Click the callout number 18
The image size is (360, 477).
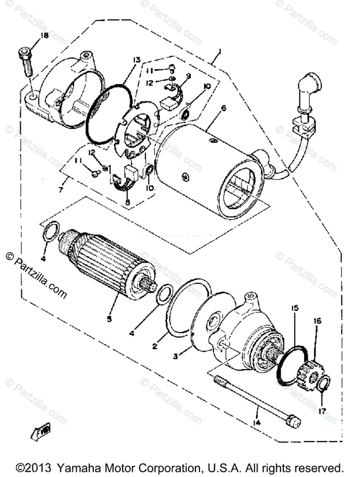(x=44, y=36)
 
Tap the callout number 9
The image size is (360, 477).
(x=188, y=76)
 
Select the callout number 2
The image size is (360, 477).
(x=155, y=346)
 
